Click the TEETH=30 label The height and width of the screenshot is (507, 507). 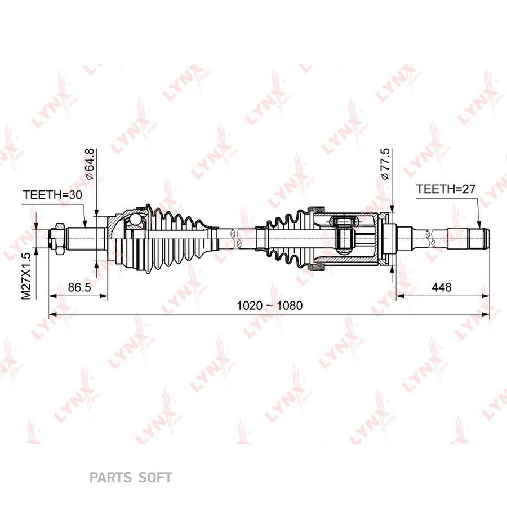pos(52,195)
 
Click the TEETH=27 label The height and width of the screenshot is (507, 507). pos(446,189)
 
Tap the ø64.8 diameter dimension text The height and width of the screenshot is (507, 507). pos(90,164)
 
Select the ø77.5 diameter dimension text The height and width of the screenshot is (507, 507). pos(385,164)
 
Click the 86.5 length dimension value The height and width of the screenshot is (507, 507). pos(79,287)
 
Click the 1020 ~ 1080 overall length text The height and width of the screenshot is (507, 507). pos(270,305)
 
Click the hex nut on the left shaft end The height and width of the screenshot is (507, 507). pos(60,239)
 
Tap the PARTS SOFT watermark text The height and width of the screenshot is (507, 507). pos(131,477)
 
